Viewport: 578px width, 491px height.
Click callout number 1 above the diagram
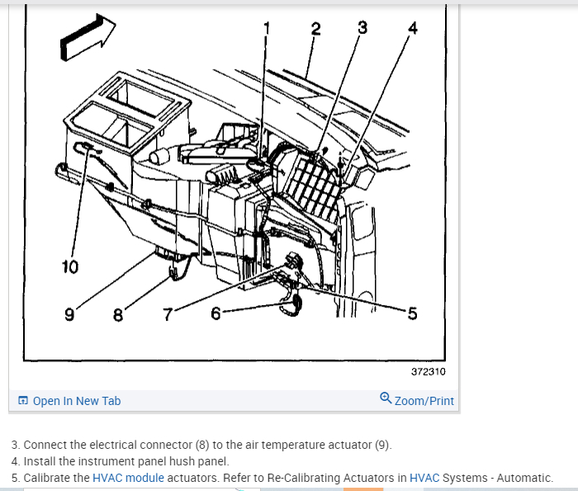click(x=267, y=29)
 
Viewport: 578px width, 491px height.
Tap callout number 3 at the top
click(x=362, y=27)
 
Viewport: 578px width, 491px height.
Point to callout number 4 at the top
click(x=413, y=29)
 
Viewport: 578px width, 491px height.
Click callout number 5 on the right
click(x=412, y=313)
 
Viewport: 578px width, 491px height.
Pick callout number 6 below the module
click(x=216, y=313)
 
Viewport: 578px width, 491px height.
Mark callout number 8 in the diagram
click(x=118, y=314)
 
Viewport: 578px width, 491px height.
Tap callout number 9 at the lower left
click(x=69, y=314)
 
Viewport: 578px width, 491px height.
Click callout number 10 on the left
click(x=69, y=266)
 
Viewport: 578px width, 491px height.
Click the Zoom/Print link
click(x=424, y=401)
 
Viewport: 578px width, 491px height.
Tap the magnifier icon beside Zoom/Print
click(x=386, y=398)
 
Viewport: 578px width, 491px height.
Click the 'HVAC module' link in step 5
click(x=128, y=478)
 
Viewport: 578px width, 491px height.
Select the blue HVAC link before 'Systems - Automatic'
click(x=424, y=478)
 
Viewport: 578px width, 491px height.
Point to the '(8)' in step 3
click(x=200, y=445)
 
